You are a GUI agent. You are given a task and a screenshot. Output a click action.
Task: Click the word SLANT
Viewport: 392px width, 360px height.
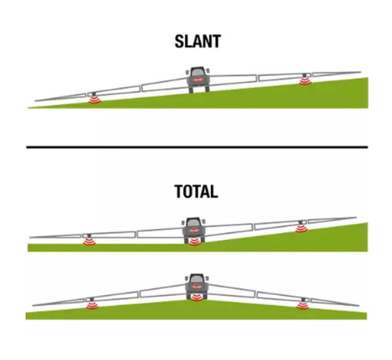pos(198,42)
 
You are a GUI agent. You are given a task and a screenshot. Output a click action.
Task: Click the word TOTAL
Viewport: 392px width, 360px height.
pos(196,191)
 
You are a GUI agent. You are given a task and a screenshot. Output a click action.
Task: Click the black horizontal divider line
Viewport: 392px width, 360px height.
pos(197,147)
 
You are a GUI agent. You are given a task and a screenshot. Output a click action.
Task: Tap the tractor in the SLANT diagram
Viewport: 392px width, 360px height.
pos(198,80)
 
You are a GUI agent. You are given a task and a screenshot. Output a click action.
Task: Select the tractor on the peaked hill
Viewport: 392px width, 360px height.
pos(197,286)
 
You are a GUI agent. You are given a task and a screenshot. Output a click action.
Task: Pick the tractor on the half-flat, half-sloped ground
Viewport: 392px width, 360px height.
pos(194,230)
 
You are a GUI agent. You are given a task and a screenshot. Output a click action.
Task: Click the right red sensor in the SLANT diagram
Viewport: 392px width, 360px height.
pos(305,82)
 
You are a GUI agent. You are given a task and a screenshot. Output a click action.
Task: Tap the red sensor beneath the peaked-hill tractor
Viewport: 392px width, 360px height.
pos(197,297)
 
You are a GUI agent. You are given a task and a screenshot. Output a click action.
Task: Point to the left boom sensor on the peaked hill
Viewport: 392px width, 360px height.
pos(93,305)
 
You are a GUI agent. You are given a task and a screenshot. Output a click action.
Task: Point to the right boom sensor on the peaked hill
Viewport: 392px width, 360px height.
pos(303,305)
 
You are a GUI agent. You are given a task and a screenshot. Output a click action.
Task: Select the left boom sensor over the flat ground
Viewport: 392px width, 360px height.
pos(89,242)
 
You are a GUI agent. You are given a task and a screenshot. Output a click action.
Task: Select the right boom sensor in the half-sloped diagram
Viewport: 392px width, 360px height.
pos(301,228)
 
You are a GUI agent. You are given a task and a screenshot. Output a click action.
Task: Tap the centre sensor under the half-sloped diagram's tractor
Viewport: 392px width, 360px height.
pos(194,242)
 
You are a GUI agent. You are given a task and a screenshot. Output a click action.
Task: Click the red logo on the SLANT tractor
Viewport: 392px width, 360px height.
pos(198,80)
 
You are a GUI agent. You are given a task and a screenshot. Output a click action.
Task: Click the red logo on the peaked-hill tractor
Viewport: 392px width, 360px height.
pos(197,287)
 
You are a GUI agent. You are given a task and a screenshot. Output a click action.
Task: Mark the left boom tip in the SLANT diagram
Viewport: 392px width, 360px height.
pos(35,100)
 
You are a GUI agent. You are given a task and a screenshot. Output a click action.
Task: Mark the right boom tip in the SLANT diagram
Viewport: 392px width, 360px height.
pos(361,72)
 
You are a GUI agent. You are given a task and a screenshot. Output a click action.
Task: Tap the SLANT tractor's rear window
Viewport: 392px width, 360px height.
pos(198,71)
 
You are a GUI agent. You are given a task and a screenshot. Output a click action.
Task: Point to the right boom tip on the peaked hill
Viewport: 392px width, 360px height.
pos(359,305)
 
